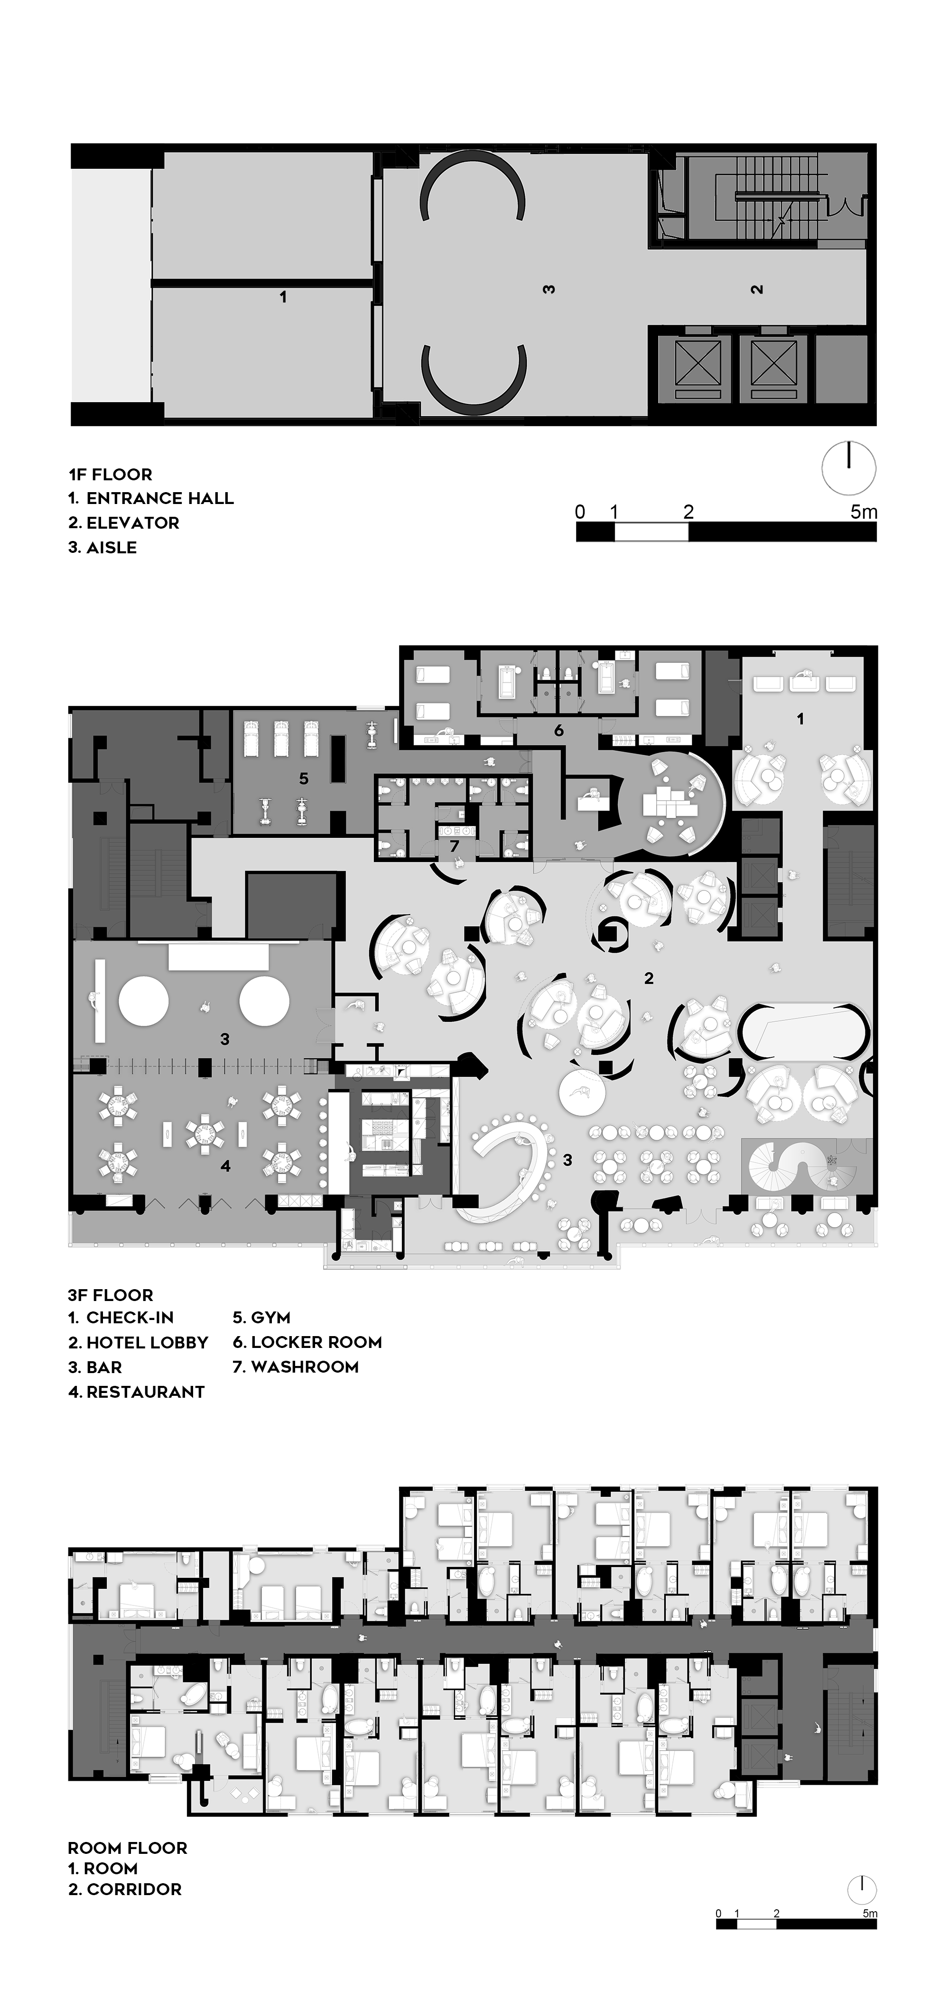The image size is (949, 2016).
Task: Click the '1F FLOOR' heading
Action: click(111, 474)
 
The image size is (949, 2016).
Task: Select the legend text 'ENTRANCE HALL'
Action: click(160, 498)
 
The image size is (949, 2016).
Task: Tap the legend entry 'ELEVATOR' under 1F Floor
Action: click(132, 523)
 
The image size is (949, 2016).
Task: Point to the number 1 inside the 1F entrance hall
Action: click(283, 297)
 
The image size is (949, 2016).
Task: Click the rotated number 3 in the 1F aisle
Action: click(549, 289)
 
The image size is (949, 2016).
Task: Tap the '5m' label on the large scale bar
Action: click(864, 512)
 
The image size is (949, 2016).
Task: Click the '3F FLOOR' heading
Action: click(111, 1295)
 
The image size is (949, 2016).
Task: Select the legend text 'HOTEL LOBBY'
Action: click(147, 1343)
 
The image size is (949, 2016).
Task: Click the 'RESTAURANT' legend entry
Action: click(146, 1392)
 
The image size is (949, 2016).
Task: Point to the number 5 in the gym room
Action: click(304, 779)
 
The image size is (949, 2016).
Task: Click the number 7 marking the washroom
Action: click(454, 846)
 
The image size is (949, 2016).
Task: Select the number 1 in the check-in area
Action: click(800, 718)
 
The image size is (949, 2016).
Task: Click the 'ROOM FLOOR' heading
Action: click(128, 1849)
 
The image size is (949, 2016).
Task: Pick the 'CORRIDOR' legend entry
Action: click(134, 1889)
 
